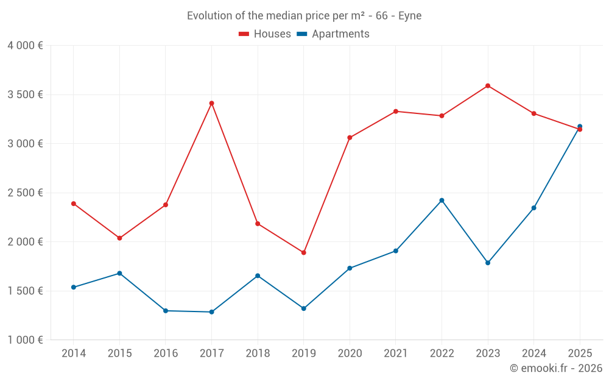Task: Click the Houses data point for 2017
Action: click(x=211, y=103)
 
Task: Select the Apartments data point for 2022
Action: click(x=442, y=200)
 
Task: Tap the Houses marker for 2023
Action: click(x=488, y=86)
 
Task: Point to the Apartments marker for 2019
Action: click(x=303, y=308)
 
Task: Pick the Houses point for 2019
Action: click(x=303, y=252)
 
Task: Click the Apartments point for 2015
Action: click(x=119, y=273)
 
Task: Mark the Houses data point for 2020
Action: click(x=350, y=138)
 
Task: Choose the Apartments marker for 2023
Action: click(x=488, y=263)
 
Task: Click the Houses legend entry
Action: click(x=265, y=34)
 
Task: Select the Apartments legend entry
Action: click(x=333, y=34)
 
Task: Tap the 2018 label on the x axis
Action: click(x=258, y=354)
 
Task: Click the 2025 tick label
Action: click(x=580, y=354)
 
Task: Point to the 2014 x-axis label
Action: click(x=74, y=354)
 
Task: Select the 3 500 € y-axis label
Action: click(x=25, y=94)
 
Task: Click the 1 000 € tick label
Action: click(x=25, y=340)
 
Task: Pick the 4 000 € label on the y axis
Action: click(x=25, y=46)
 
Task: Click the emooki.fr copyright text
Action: click(x=556, y=368)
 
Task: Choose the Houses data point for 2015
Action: click(x=119, y=238)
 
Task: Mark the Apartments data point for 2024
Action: click(x=533, y=208)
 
